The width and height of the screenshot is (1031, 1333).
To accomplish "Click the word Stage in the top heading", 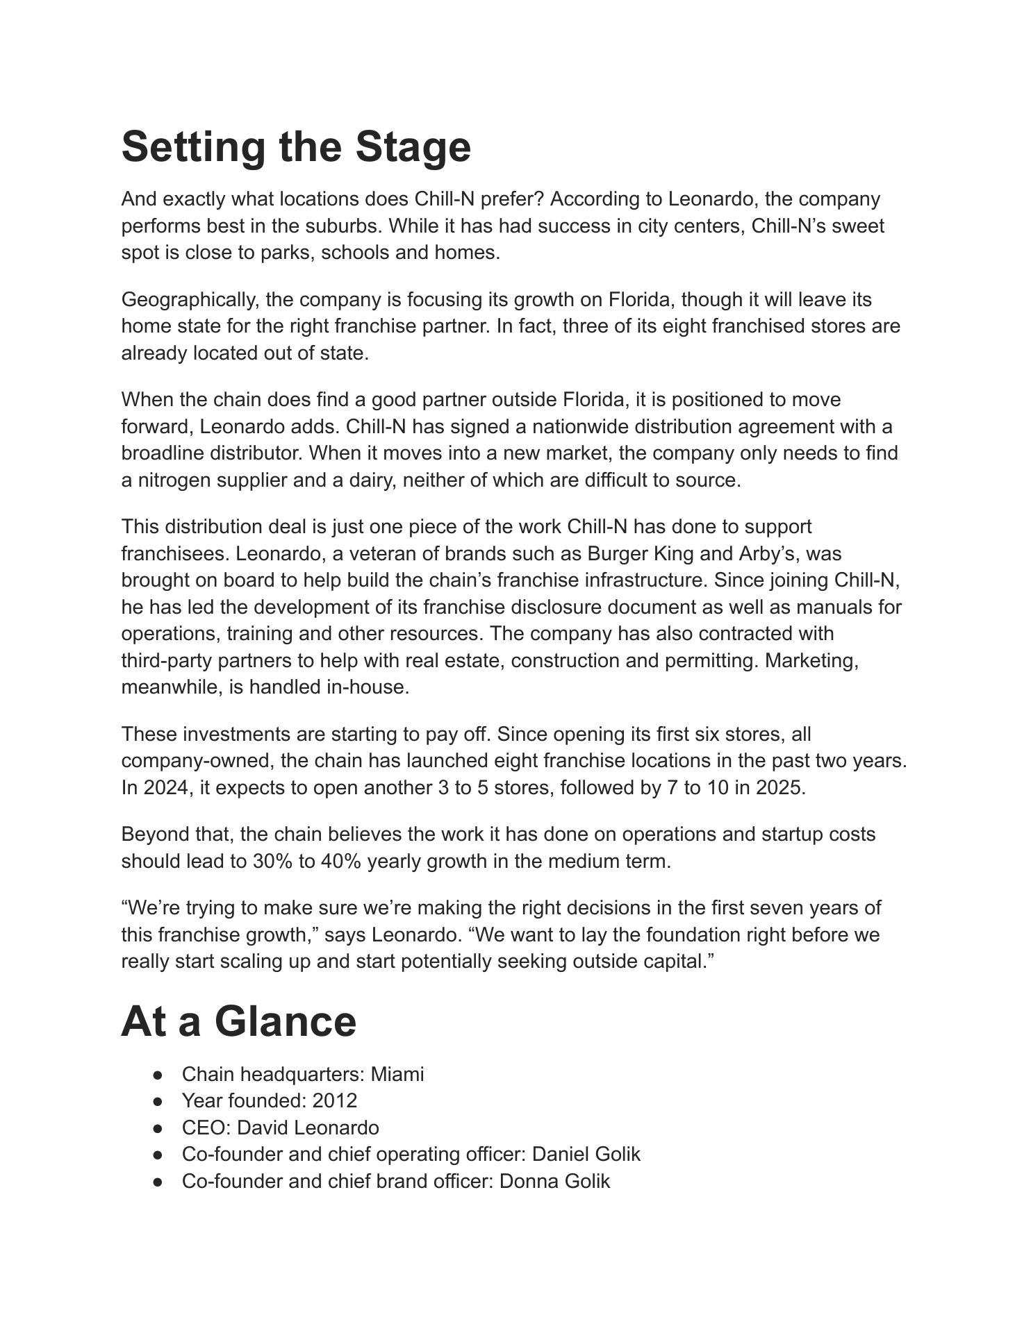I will click(413, 147).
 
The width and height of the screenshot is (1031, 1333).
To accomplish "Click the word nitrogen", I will click(174, 480).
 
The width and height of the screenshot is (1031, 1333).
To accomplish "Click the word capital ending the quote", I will click(671, 962).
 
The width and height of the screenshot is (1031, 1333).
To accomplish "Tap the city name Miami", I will click(397, 1074).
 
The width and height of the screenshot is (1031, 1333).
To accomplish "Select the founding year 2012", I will click(335, 1100).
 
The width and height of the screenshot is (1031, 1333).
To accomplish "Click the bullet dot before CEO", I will click(159, 1128).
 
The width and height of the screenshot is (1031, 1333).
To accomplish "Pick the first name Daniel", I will click(562, 1154).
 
